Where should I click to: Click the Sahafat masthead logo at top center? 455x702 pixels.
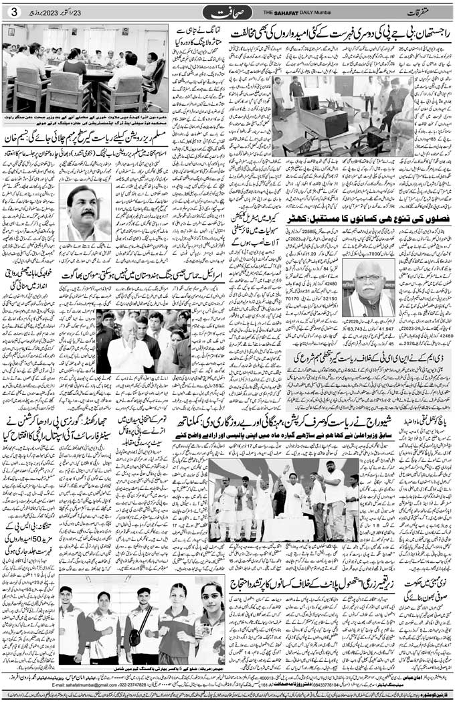pos(227,12)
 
